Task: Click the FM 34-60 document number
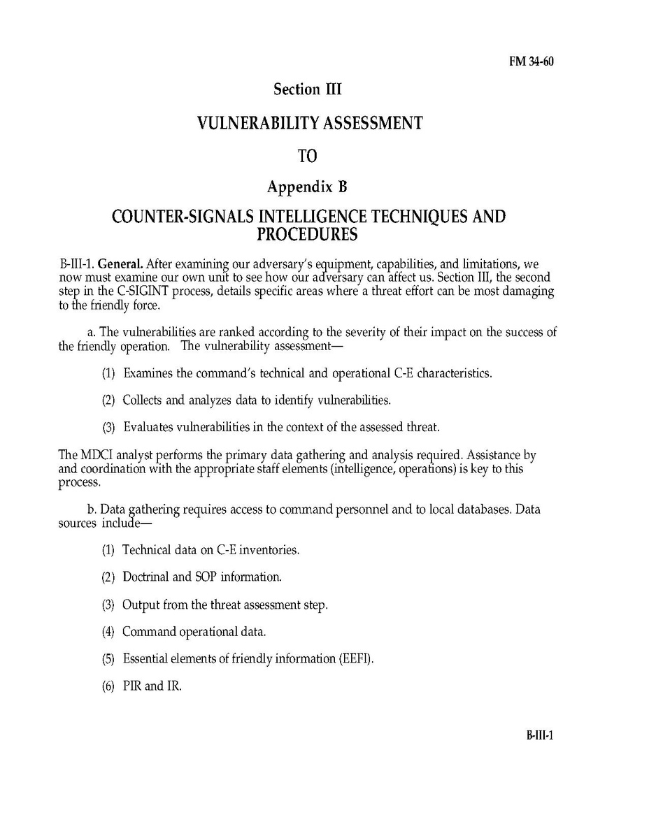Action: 531,62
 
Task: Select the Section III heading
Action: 307,89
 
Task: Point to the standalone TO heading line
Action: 308,156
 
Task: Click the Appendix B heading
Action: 307,187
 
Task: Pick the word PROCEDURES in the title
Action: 307,234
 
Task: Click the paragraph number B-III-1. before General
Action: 77,265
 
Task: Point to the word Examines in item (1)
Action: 148,373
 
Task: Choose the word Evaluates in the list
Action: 148,426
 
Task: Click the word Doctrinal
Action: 146,577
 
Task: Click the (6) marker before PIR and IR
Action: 108,686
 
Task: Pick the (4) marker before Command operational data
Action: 108,632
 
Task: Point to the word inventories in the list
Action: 269,550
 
